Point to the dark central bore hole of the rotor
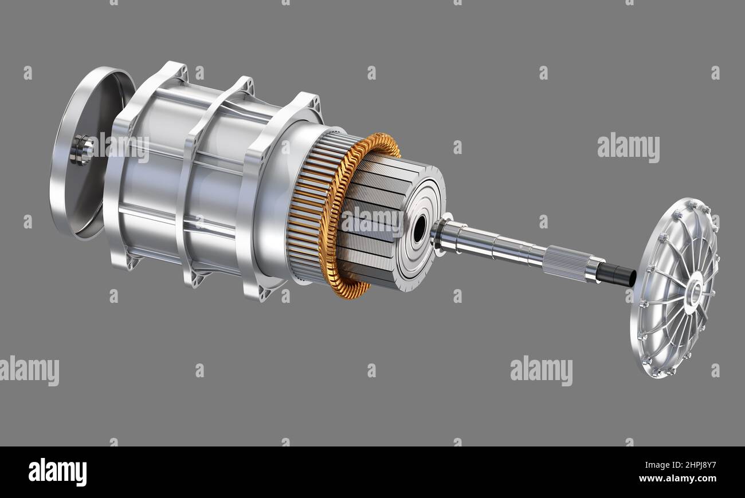[419, 229]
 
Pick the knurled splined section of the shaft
[567, 263]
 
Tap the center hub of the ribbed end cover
[694, 291]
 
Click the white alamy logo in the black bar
[57, 472]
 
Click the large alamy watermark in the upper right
[628, 148]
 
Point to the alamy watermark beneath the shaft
[540, 370]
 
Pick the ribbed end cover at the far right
[676, 286]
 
